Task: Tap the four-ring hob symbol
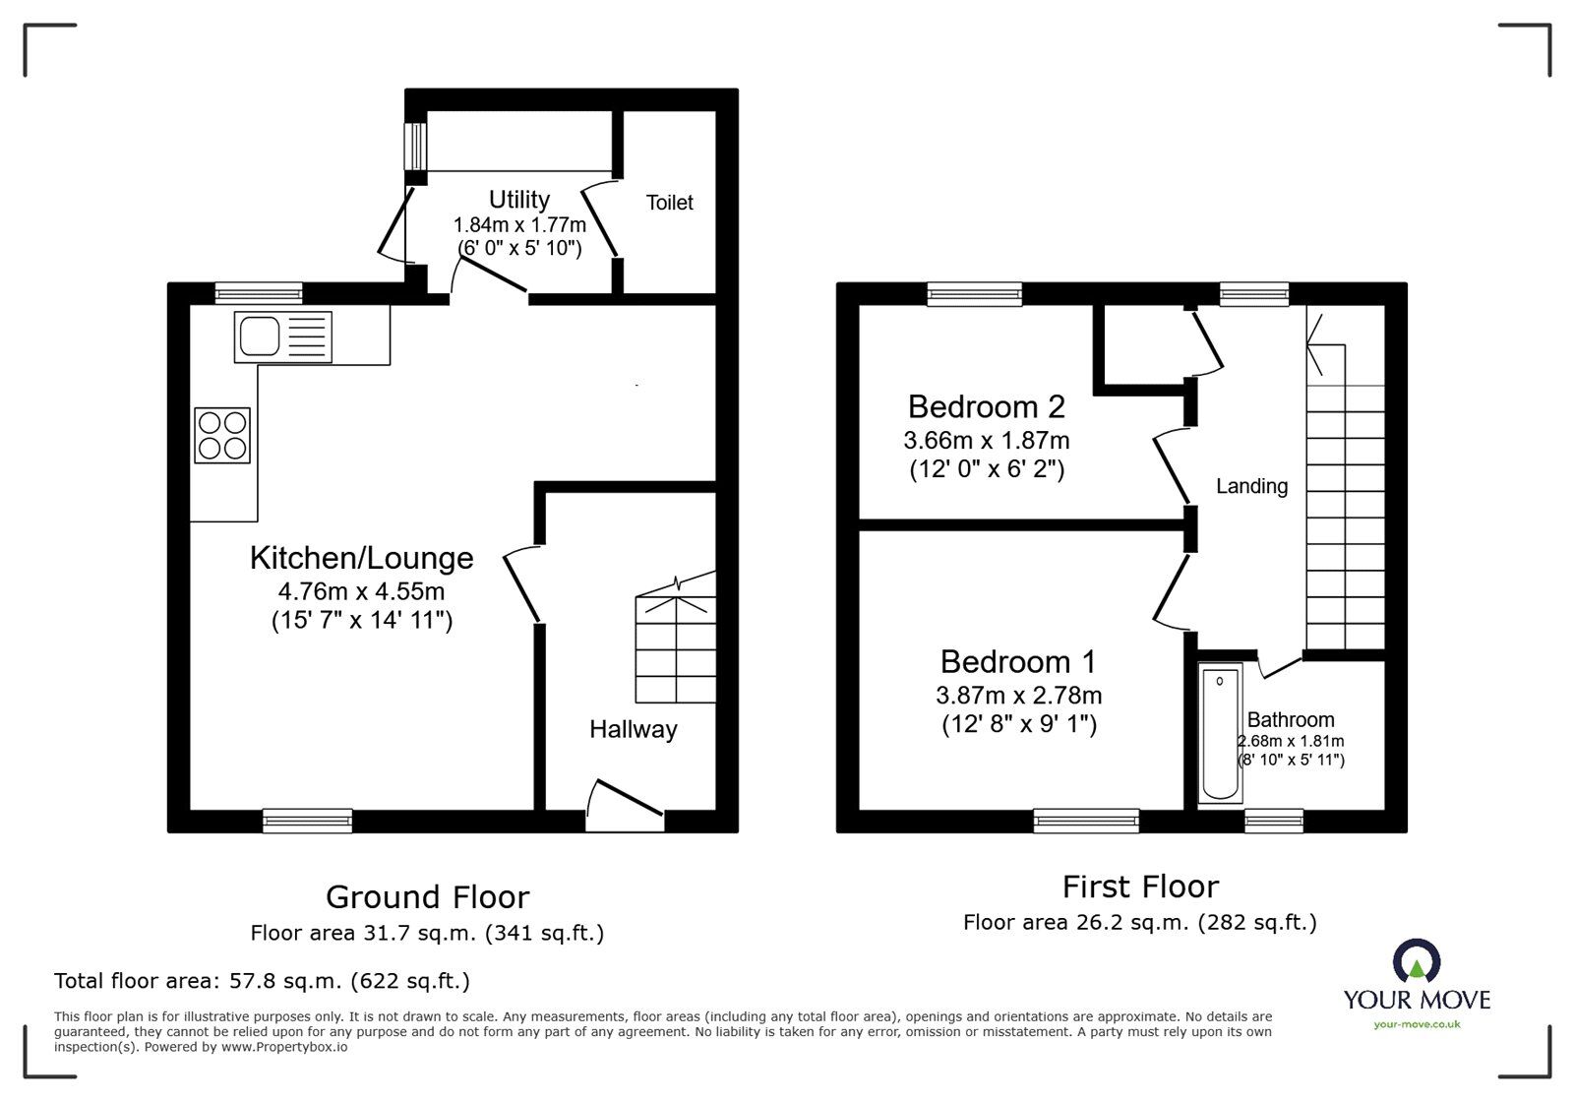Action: [x=222, y=436]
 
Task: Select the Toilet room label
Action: [x=669, y=203]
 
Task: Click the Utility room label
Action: [x=518, y=200]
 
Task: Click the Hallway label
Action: [x=633, y=729]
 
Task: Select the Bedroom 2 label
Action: [x=986, y=406]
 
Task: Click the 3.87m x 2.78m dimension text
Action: [x=1018, y=696]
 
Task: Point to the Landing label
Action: [x=1251, y=486]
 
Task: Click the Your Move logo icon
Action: [x=1417, y=962]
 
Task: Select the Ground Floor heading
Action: [x=427, y=897]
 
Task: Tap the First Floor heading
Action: [x=1140, y=887]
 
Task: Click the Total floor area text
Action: [x=262, y=981]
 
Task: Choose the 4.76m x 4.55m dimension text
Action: [x=361, y=592]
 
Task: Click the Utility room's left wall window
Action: [x=416, y=146]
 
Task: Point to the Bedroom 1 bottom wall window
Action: [x=1086, y=821]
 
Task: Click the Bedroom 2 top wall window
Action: [x=974, y=293]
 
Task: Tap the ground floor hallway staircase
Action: [x=675, y=640]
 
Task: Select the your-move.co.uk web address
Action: [x=1417, y=1024]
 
